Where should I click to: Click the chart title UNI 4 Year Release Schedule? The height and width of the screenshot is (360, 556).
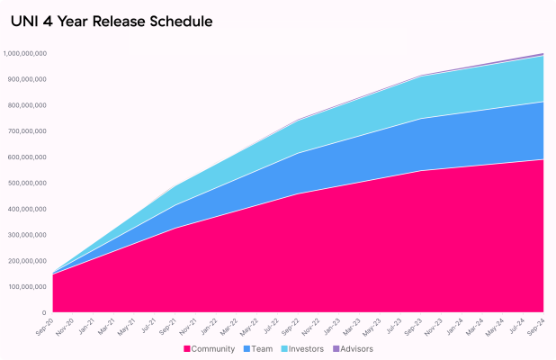112,20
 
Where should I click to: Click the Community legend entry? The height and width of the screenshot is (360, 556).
213,348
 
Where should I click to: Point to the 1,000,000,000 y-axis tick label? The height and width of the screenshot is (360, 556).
25,54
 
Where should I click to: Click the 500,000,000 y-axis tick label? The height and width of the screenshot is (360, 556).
27,184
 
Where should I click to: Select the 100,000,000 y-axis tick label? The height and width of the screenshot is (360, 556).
27,287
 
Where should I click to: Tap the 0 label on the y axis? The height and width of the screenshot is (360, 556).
44,313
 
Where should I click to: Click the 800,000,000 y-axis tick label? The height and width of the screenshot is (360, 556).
27,106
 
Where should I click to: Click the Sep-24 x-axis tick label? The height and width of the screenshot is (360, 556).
536,326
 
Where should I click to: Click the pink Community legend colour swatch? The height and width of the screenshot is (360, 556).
187,348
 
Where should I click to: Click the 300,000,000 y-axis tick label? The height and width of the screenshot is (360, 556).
27,236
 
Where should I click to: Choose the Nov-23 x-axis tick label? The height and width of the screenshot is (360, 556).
434,326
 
